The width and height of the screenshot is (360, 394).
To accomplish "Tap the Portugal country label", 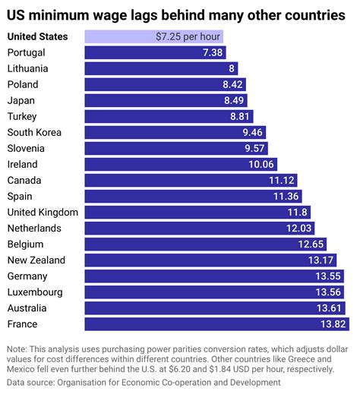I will pyautogui.click(x=26, y=52).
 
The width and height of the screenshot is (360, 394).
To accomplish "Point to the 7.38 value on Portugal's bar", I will pyautogui.click(x=213, y=52).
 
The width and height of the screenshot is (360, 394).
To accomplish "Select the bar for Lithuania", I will pyautogui.click(x=152, y=68).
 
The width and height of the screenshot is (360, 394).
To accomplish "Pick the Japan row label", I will pyautogui.click(x=21, y=100).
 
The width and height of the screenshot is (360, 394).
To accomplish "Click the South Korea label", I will pyautogui.click(x=34, y=132).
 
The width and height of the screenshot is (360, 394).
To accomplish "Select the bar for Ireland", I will pyautogui.click(x=175, y=164).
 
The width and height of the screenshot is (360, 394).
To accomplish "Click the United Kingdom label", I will pyautogui.click(x=43, y=212).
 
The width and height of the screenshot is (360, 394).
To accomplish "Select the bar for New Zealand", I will pyautogui.click(x=197, y=260).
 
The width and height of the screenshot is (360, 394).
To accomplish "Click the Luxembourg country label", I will pyautogui.click(x=34, y=292).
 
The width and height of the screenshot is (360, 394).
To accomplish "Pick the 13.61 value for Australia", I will pyautogui.click(x=330, y=307).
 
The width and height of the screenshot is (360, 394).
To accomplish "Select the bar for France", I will pyautogui.click(x=205, y=323).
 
